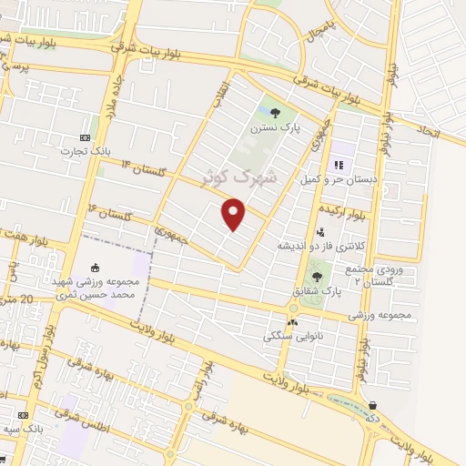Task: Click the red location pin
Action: pyautogui.click(x=234, y=215)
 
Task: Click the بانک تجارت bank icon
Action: pyautogui.click(x=87, y=137)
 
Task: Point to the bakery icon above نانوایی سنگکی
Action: pyautogui.click(x=292, y=322)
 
